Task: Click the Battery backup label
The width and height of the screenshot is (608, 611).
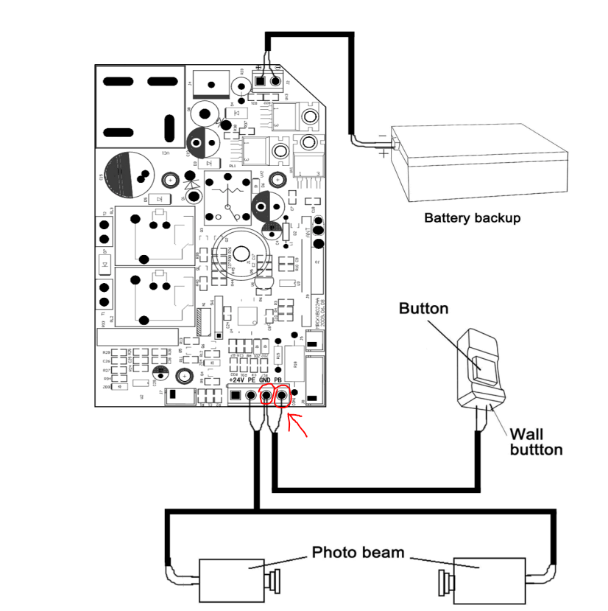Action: (472, 218)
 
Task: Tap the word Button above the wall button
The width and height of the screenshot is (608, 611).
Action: (423, 308)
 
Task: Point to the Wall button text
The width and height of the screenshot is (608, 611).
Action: (537, 441)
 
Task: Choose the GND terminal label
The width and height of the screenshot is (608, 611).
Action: (265, 380)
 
